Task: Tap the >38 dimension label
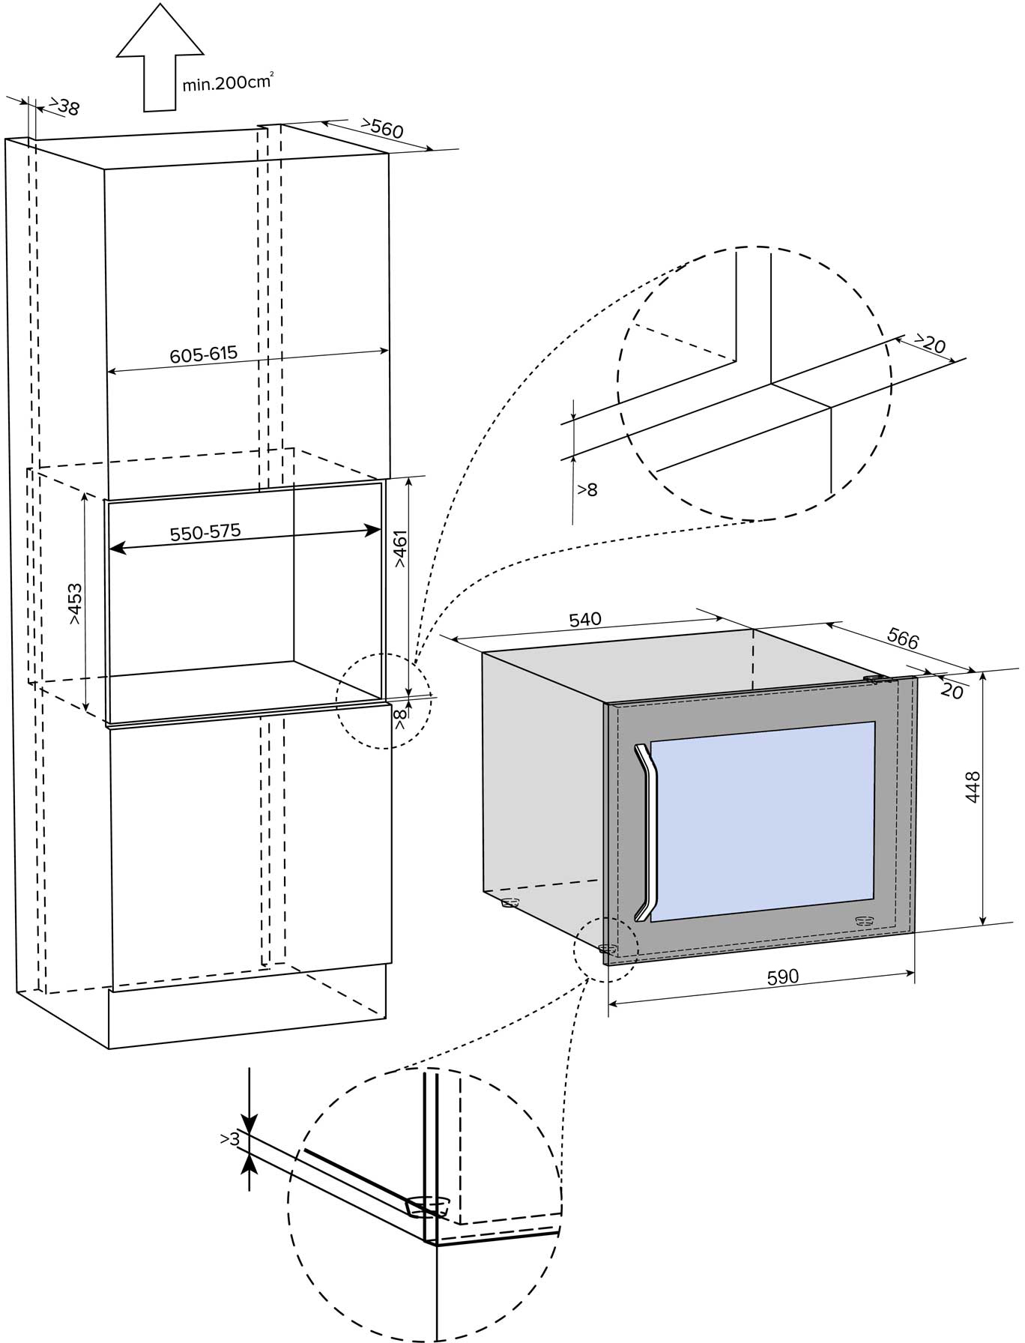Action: pos(66,107)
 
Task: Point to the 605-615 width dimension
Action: pos(203,354)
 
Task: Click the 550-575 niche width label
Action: pos(205,533)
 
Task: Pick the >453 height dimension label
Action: pos(76,604)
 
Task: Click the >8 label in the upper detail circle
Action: pos(587,490)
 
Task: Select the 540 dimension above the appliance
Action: pos(585,620)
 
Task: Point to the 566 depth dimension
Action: pos(902,638)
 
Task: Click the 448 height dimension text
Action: pos(973,787)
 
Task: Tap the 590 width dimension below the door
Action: pos(783,977)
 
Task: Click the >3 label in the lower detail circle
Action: pos(230,1139)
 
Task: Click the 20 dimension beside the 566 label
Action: pos(952,691)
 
